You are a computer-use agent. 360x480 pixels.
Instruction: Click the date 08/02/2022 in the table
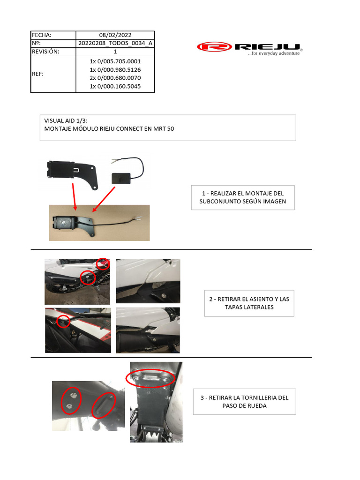tap(115, 35)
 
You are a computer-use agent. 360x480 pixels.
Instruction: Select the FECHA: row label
tap(41, 35)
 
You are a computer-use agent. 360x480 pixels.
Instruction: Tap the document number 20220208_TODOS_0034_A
tap(115, 43)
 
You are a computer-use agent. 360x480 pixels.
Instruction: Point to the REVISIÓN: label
tap(45, 52)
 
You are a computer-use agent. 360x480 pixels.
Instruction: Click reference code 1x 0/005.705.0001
tap(115, 61)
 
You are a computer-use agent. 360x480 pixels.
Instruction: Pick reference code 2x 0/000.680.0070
tap(115, 78)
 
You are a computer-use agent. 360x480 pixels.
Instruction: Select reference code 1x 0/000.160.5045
tap(115, 86)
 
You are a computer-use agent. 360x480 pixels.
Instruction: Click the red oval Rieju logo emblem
tap(214, 47)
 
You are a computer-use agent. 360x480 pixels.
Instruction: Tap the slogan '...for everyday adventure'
tap(274, 53)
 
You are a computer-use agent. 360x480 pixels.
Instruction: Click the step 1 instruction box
tap(243, 197)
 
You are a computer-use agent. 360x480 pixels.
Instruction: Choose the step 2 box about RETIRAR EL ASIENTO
tap(249, 303)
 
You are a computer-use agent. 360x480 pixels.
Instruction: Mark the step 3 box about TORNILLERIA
tap(244, 401)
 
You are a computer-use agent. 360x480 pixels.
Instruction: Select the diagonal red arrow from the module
tap(105, 199)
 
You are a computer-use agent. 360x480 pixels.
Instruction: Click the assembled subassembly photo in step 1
tap(99, 223)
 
